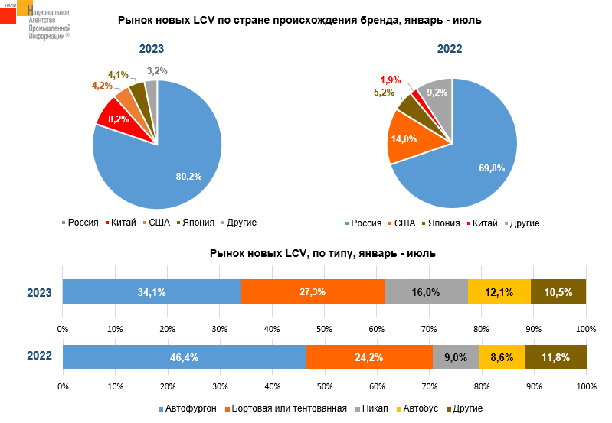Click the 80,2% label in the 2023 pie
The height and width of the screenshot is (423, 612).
188,177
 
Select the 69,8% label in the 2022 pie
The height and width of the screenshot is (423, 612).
492,168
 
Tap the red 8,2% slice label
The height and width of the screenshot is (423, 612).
119,119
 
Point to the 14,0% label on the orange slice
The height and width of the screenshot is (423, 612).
404,139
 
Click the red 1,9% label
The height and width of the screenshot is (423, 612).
391,80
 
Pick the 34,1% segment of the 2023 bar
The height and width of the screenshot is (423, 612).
152,292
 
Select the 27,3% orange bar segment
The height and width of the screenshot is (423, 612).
313,292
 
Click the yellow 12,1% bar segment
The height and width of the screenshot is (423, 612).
499,292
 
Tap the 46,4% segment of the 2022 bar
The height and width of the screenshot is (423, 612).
184,357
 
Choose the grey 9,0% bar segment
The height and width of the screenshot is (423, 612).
456,357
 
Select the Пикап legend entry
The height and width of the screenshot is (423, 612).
374,408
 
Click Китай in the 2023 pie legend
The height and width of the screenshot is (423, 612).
123,223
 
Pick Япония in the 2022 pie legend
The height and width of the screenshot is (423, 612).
443,223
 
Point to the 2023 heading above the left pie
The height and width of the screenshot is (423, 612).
151,50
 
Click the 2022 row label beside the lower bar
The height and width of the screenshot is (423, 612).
39,356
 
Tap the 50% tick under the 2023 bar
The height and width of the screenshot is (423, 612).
324,329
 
